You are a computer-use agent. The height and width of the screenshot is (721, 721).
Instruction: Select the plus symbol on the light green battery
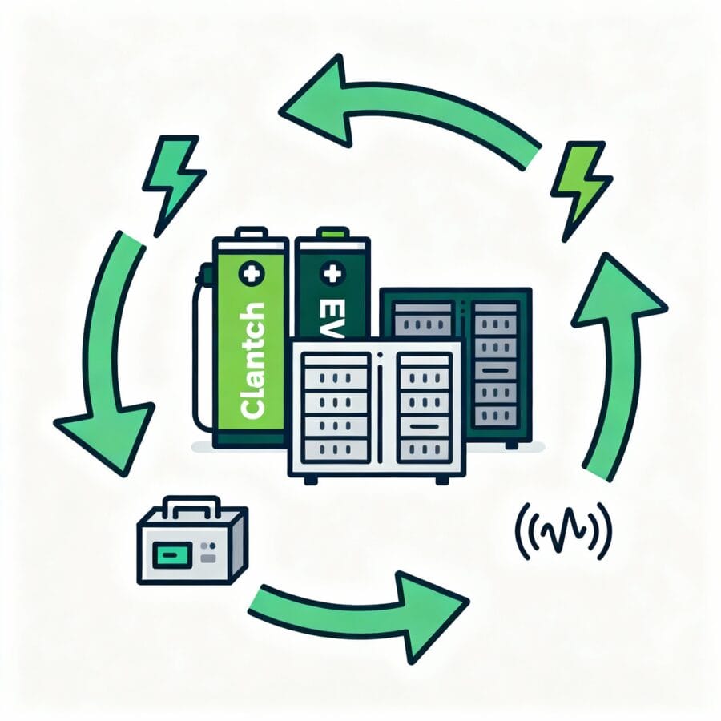pyautogui.click(x=251, y=273)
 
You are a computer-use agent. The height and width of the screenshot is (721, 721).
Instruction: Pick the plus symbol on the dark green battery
pyautogui.click(x=330, y=274)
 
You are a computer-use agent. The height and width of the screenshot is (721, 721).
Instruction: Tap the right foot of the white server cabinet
pyautogui.click(x=441, y=479)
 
